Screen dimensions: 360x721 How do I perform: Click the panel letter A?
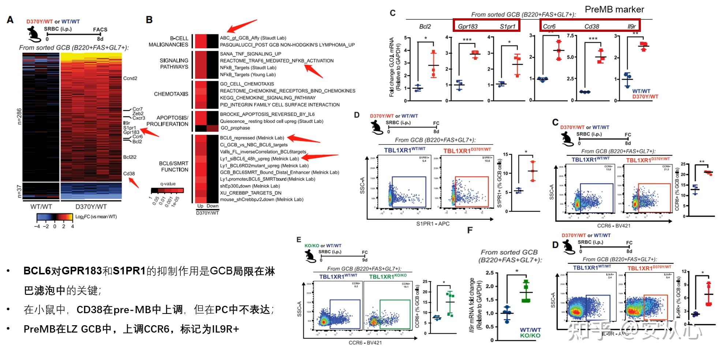coord(10,20)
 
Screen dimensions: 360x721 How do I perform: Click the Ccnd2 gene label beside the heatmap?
coord(130,78)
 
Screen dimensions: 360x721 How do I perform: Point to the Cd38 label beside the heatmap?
coord(129,174)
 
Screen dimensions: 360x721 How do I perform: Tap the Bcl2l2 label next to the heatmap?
coord(130,157)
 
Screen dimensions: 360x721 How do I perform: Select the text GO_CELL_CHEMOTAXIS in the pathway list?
coord(247,84)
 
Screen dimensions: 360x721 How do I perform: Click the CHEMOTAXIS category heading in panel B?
coord(171,94)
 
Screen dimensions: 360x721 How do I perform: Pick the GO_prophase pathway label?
coord(235,128)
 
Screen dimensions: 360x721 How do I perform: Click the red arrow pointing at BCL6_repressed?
coord(303,139)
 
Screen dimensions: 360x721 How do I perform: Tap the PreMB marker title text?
coord(614,10)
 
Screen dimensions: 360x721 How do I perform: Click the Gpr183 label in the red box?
coord(468,26)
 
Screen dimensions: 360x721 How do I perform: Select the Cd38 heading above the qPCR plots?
coord(591,26)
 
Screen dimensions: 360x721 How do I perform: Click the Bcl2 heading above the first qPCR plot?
coord(425,26)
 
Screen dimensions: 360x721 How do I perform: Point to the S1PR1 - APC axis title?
coord(433,224)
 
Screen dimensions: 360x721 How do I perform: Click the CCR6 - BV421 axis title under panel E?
coord(365,343)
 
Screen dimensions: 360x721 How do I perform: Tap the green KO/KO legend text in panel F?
coord(530,335)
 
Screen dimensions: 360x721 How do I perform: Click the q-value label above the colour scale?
coord(168,184)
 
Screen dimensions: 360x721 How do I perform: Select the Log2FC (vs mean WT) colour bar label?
coord(96,217)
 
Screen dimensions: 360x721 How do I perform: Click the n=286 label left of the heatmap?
coord(19,116)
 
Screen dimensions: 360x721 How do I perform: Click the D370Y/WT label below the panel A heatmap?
coord(91,207)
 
